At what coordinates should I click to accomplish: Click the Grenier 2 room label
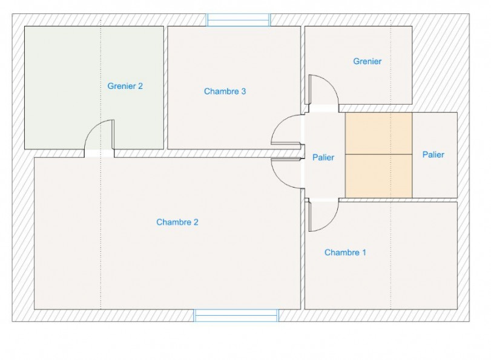(125, 86)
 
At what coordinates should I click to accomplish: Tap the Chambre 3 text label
(225, 91)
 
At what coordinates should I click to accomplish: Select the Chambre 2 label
(177, 222)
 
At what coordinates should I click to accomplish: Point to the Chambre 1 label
(345, 252)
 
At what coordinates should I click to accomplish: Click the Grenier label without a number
(367, 61)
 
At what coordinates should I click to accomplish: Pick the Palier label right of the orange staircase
(433, 154)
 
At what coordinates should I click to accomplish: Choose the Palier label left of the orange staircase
(323, 157)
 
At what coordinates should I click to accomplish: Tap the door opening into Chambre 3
(285, 130)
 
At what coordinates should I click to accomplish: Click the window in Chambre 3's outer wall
(238, 20)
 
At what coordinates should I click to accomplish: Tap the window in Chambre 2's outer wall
(236, 315)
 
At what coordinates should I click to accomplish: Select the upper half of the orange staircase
(378, 133)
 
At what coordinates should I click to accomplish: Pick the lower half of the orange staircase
(378, 175)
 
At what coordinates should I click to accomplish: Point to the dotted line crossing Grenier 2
(101, 61)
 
